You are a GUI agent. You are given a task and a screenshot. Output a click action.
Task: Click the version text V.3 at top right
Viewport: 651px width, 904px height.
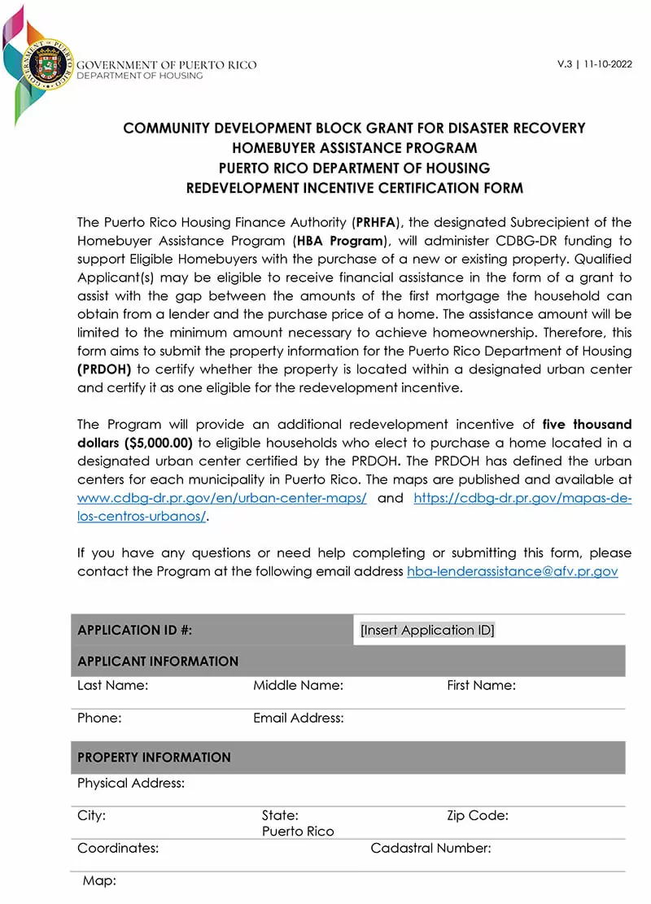(x=565, y=64)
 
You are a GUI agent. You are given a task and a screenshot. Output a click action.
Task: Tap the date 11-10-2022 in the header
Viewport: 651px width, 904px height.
(x=609, y=64)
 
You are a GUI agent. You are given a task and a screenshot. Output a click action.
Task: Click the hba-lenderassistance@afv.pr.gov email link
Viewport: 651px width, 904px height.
(x=512, y=571)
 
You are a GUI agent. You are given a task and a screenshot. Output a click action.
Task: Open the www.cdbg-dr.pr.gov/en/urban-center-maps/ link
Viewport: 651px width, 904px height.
(x=221, y=498)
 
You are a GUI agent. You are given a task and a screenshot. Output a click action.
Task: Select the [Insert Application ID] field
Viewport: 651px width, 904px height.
(x=427, y=630)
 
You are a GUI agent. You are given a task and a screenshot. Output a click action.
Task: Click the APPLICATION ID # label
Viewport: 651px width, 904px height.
(x=134, y=630)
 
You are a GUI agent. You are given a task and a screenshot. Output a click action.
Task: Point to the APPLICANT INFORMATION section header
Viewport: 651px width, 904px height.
(x=158, y=661)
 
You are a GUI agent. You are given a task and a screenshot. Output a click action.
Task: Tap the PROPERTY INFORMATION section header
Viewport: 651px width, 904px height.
(x=154, y=757)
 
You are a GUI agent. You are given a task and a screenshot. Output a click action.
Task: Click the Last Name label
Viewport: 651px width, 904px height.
(x=112, y=685)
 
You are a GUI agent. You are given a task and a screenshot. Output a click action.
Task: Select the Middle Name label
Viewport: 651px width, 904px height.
(x=298, y=685)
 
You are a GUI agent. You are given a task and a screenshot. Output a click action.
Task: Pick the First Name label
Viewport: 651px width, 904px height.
(x=481, y=685)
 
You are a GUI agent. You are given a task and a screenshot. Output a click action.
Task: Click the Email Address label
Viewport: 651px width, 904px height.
(x=298, y=718)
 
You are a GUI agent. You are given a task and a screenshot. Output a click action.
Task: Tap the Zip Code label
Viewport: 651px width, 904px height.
(x=477, y=815)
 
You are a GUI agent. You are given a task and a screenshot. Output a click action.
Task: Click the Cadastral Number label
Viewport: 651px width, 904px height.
(x=430, y=848)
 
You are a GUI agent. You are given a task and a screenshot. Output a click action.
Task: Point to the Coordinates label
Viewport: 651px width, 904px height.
(x=117, y=848)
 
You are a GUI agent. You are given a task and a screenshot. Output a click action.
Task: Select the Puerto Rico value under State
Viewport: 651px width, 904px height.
(x=298, y=831)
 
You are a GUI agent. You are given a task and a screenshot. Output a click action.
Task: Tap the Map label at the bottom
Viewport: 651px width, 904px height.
(x=99, y=880)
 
